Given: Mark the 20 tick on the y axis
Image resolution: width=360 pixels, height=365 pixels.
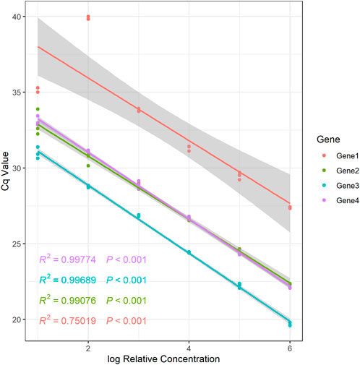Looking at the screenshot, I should click(16, 319).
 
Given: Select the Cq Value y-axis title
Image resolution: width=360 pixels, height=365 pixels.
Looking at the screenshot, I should click(6, 173).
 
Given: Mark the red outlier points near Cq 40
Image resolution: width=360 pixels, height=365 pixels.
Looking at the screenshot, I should click(88, 17).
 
